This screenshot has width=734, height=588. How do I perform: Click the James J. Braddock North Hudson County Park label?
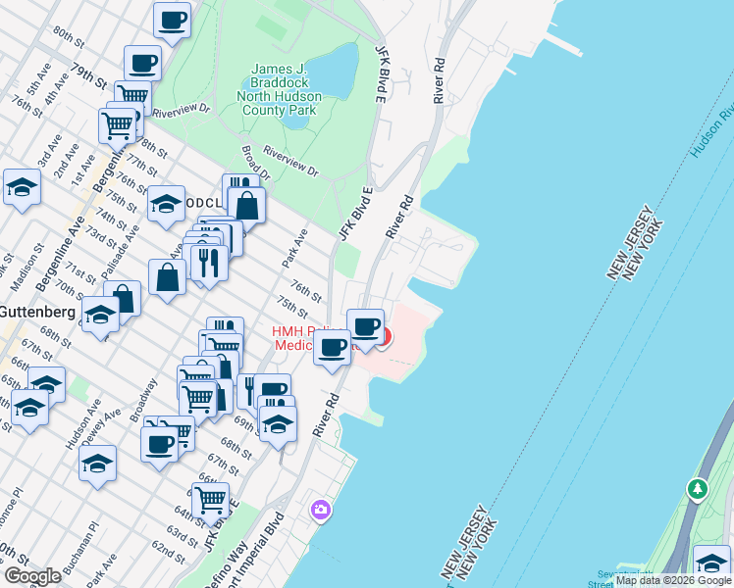tap(279, 90)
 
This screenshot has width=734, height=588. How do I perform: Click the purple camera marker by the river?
tap(320, 510)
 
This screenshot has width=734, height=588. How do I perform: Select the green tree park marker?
tap(698, 487)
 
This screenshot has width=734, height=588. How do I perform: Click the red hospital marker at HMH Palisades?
tap(383, 339)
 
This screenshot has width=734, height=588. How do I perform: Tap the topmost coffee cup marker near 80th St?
tap(173, 20)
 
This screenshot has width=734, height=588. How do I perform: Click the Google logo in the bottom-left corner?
tap(32, 576)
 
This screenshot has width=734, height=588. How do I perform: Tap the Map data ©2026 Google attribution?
tap(673, 580)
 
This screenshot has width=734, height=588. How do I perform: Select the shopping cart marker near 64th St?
tap(210, 500)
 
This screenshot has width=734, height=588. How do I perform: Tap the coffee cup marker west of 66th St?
tap(159, 444)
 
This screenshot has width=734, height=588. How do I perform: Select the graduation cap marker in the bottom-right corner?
tap(711, 563)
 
